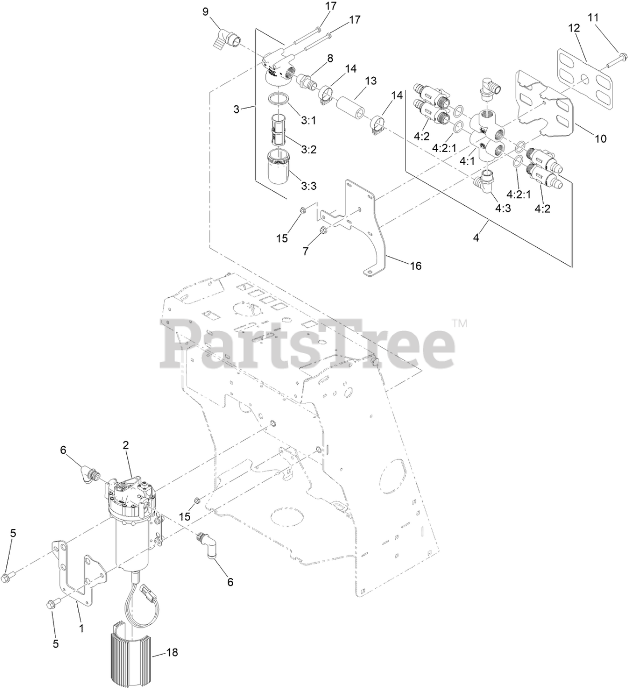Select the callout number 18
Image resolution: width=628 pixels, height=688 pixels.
coord(171,653)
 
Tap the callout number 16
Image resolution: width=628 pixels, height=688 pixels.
coord(415,266)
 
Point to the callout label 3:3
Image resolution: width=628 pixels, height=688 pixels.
coord(309,186)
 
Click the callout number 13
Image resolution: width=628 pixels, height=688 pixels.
coord(371,81)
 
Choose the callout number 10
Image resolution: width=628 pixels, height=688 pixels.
coord(600,139)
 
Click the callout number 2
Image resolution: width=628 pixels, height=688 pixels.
coord(126,445)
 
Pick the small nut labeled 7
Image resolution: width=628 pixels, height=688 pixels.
coord(324,231)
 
